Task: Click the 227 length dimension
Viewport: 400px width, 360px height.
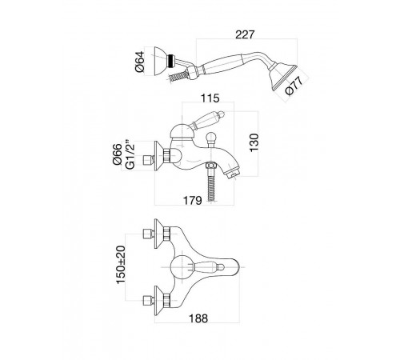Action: click(245, 34)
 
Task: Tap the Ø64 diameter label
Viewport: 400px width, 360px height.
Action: click(140, 62)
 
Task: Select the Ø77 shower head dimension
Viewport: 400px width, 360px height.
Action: click(294, 85)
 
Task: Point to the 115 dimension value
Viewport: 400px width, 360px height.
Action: click(210, 98)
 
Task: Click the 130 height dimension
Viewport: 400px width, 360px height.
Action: click(254, 142)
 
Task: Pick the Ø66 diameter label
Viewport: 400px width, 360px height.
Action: click(118, 154)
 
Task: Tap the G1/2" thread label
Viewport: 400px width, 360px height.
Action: click(130, 154)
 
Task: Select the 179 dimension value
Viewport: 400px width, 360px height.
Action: click(192, 200)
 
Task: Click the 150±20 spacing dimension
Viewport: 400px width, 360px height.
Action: click(121, 265)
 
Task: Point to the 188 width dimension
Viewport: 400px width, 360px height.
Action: click(198, 318)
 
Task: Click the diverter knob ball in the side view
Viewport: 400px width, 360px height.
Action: click(211, 139)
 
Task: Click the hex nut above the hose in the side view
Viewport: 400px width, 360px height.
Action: click(211, 166)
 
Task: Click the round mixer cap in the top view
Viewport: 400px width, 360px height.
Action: click(182, 267)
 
